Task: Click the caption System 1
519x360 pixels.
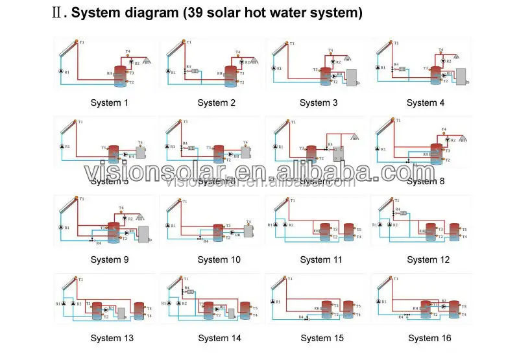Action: point(108,102)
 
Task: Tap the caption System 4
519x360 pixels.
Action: point(426,102)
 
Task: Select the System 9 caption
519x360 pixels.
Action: point(108,259)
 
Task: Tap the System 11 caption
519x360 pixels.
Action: point(320,259)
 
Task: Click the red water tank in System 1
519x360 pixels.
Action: point(120,75)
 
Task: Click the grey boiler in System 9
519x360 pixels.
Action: point(144,234)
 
